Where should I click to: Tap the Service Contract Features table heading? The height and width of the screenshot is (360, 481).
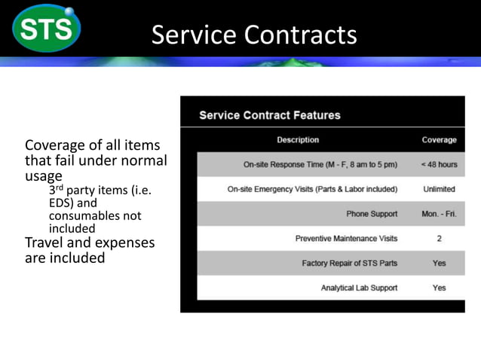coord(270,115)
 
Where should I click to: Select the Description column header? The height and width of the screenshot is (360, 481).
coord(298,140)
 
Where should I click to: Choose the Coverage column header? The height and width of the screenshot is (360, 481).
coord(439,140)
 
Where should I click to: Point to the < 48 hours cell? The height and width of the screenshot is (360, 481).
coord(439,164)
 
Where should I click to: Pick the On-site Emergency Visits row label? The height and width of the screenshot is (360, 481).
coord(312,189)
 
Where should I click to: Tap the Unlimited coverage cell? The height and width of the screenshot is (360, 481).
coord(439,189)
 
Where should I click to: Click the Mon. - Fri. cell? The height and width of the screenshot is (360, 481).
coord(439,214)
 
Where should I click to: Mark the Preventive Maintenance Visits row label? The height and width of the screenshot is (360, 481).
coord(346,239)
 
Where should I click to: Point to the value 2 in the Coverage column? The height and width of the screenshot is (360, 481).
coord(439,239)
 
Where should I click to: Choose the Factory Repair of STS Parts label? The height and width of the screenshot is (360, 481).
coord(349,264)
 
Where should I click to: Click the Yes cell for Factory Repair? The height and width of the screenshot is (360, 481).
coord(439,264)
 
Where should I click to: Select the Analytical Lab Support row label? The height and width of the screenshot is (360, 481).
coord(359,288)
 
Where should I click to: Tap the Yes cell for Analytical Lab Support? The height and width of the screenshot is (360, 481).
coord(439,288)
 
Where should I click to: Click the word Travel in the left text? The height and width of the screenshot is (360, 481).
coord(46,243)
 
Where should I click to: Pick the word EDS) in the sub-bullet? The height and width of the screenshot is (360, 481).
coord(63,203)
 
